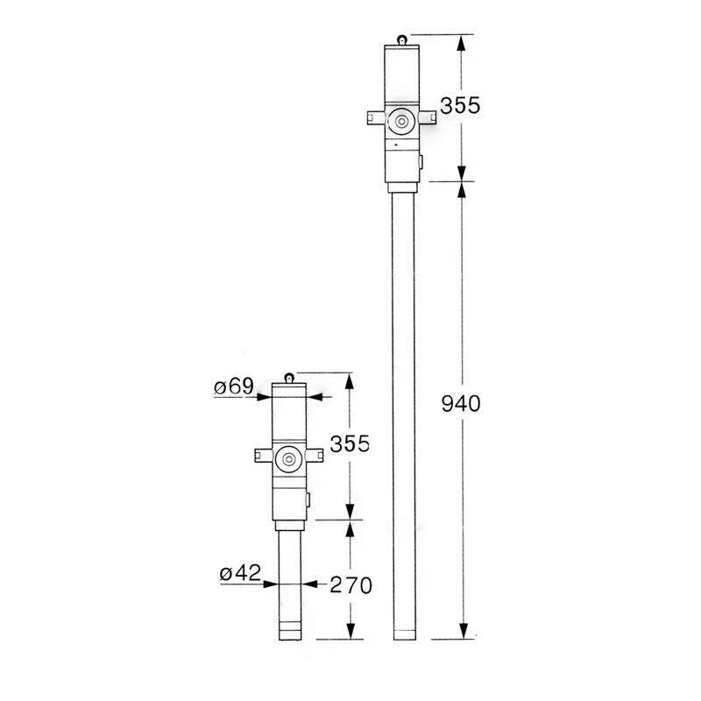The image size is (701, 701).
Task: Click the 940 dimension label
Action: pos(461,404)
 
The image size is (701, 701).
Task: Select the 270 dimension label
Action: pos(350,584)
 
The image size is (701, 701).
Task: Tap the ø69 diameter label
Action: pos(234,386)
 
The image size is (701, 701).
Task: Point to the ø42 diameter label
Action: pos(240,573)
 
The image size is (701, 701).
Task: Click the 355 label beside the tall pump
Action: pos(459,106)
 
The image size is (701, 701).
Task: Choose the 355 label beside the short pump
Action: pos(350,444)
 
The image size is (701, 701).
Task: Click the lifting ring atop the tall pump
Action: pos(402,39)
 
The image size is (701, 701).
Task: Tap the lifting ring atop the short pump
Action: pos(290,378)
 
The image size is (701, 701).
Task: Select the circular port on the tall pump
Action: pos(402,122)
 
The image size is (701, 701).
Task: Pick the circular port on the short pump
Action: pos(290,459)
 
